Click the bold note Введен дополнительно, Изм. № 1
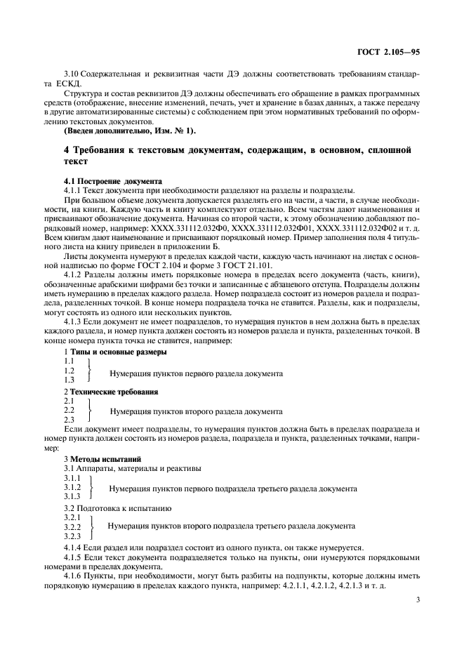[130, 131]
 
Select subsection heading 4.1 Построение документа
[113, 180]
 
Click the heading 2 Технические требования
[111, 391]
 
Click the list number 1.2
[69, 370]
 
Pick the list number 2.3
[69, 419]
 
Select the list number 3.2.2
[72, 526]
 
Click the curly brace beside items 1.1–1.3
[89, 370]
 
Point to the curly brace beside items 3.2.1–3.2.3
[93, 526]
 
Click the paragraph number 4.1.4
[74, 547]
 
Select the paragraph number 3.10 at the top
[71, 74]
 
